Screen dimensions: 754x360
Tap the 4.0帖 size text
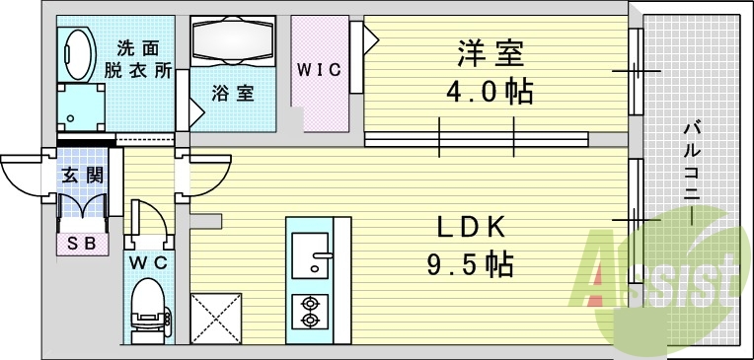point(489,92)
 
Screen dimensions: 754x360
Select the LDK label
point(472,228)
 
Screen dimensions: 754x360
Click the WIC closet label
point(320,69)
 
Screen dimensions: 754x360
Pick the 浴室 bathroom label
point(233,94)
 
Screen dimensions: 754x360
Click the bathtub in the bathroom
point(234,42)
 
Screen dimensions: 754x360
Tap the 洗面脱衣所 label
point(137,59)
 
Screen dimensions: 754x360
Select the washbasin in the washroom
point(75,49)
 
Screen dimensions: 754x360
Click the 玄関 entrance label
point(82,176)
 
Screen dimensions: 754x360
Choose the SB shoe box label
point(82,243)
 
